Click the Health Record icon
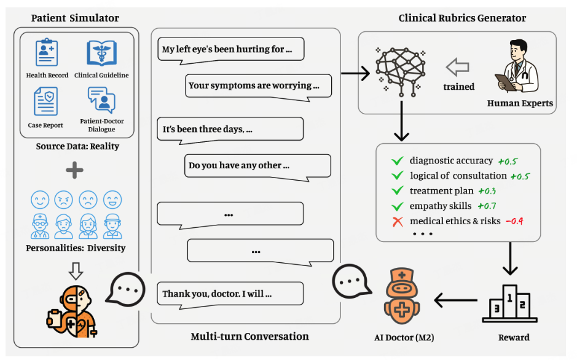(x=46, y=53)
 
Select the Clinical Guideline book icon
(x=101, y=53)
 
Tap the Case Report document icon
(x=46, y=101)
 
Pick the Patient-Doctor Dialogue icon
(x=101, y=100)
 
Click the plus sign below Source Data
(x=75, y=170)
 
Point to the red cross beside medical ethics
(x=397, y=221)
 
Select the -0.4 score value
(x=515, y=221)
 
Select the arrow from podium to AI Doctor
(x=455, y=300)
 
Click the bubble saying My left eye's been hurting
(x=231, y=49)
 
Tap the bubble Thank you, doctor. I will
(x=230, y=294)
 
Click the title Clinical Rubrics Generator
(x=462, y=18)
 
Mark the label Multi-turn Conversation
(x=249, y=337)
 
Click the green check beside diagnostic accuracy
(x=397, y=162)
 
